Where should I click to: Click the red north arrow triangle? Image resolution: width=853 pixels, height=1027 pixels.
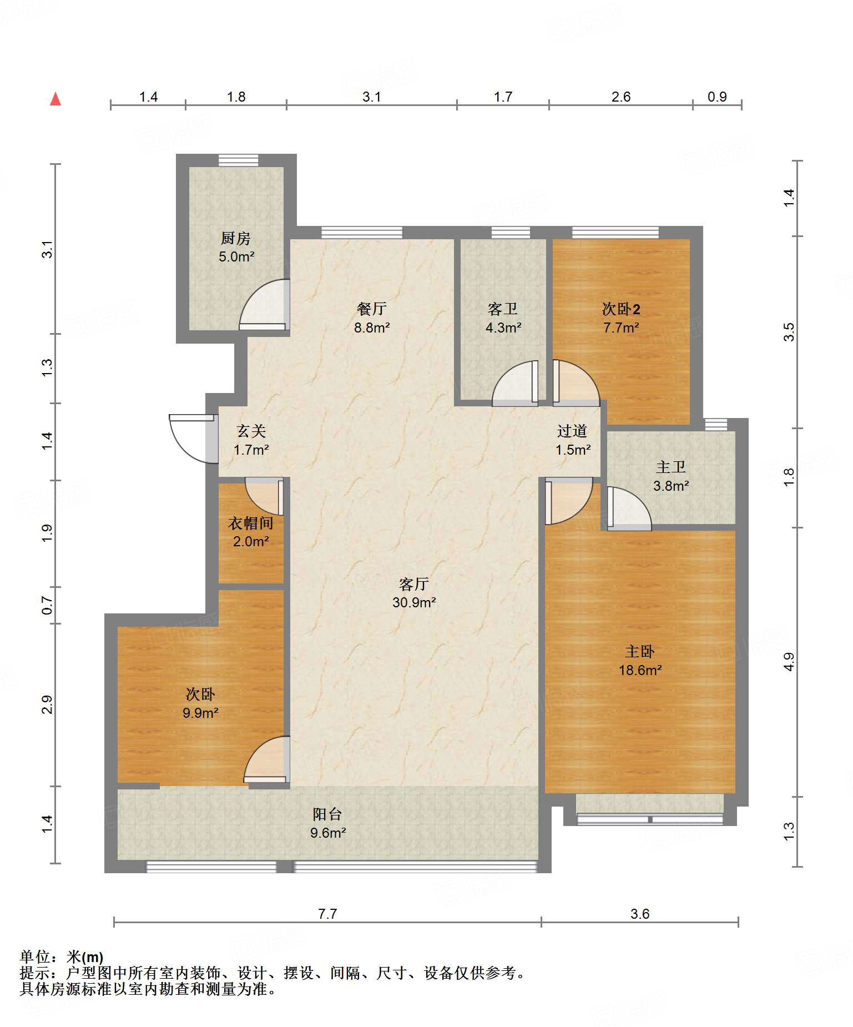(55, 99)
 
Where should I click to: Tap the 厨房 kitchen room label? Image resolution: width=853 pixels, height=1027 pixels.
(236, 238)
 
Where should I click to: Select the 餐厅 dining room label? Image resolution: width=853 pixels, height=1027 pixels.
(372, 309)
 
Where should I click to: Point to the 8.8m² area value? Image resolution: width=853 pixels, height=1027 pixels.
(372, 328)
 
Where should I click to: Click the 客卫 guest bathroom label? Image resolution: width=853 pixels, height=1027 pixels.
(503, 309)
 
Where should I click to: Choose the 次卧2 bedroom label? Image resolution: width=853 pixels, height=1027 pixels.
(621, 309)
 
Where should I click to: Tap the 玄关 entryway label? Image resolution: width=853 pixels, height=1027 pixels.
(251, 431)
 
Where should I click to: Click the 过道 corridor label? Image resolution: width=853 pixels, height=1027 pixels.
(572, 431)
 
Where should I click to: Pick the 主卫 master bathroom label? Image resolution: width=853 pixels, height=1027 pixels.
(671, 467)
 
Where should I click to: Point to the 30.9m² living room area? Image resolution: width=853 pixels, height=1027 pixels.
(414, 602)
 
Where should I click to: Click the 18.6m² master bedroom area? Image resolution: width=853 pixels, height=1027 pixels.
(640, 670)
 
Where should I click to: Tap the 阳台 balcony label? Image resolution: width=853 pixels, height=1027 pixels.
(327, 814)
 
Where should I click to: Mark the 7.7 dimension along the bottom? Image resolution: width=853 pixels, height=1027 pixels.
(327, 914)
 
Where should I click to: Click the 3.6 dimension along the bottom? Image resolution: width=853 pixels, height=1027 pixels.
(640, 914)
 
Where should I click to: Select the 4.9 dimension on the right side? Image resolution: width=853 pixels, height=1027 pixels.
(789, 662)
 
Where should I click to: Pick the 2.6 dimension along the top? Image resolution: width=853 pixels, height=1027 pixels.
(621, 97)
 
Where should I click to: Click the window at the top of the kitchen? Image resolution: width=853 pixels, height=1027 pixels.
(238, 160)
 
